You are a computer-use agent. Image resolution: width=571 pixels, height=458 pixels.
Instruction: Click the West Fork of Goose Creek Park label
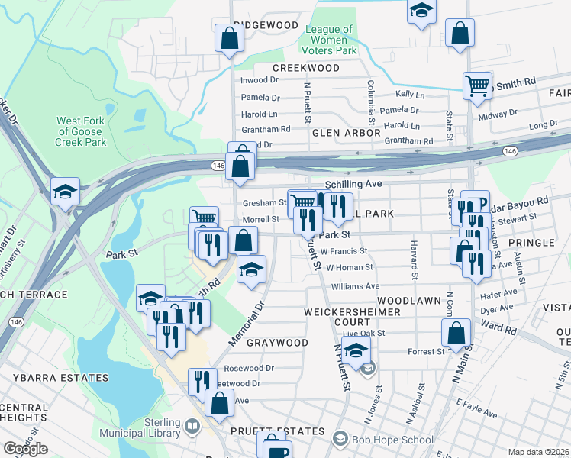(79, 131)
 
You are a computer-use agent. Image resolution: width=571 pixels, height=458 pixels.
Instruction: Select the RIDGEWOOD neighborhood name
(265, 25)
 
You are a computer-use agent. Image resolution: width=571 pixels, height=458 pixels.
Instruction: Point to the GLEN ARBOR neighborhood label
(346, 133)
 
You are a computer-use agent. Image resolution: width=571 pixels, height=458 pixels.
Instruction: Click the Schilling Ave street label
(353, 185)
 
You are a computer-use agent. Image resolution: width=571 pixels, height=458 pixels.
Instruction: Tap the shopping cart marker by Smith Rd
(477, 86)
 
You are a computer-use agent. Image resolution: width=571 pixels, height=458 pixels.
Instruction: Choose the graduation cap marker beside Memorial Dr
(250, 269)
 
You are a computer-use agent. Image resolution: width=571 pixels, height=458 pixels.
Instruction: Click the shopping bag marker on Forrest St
(456, 333)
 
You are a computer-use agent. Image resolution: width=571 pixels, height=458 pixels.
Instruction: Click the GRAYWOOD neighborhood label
(277, 343)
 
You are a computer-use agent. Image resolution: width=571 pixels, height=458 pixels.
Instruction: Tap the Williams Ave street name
(355, 286)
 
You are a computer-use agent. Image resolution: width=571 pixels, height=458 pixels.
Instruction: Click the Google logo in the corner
(25, 449)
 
